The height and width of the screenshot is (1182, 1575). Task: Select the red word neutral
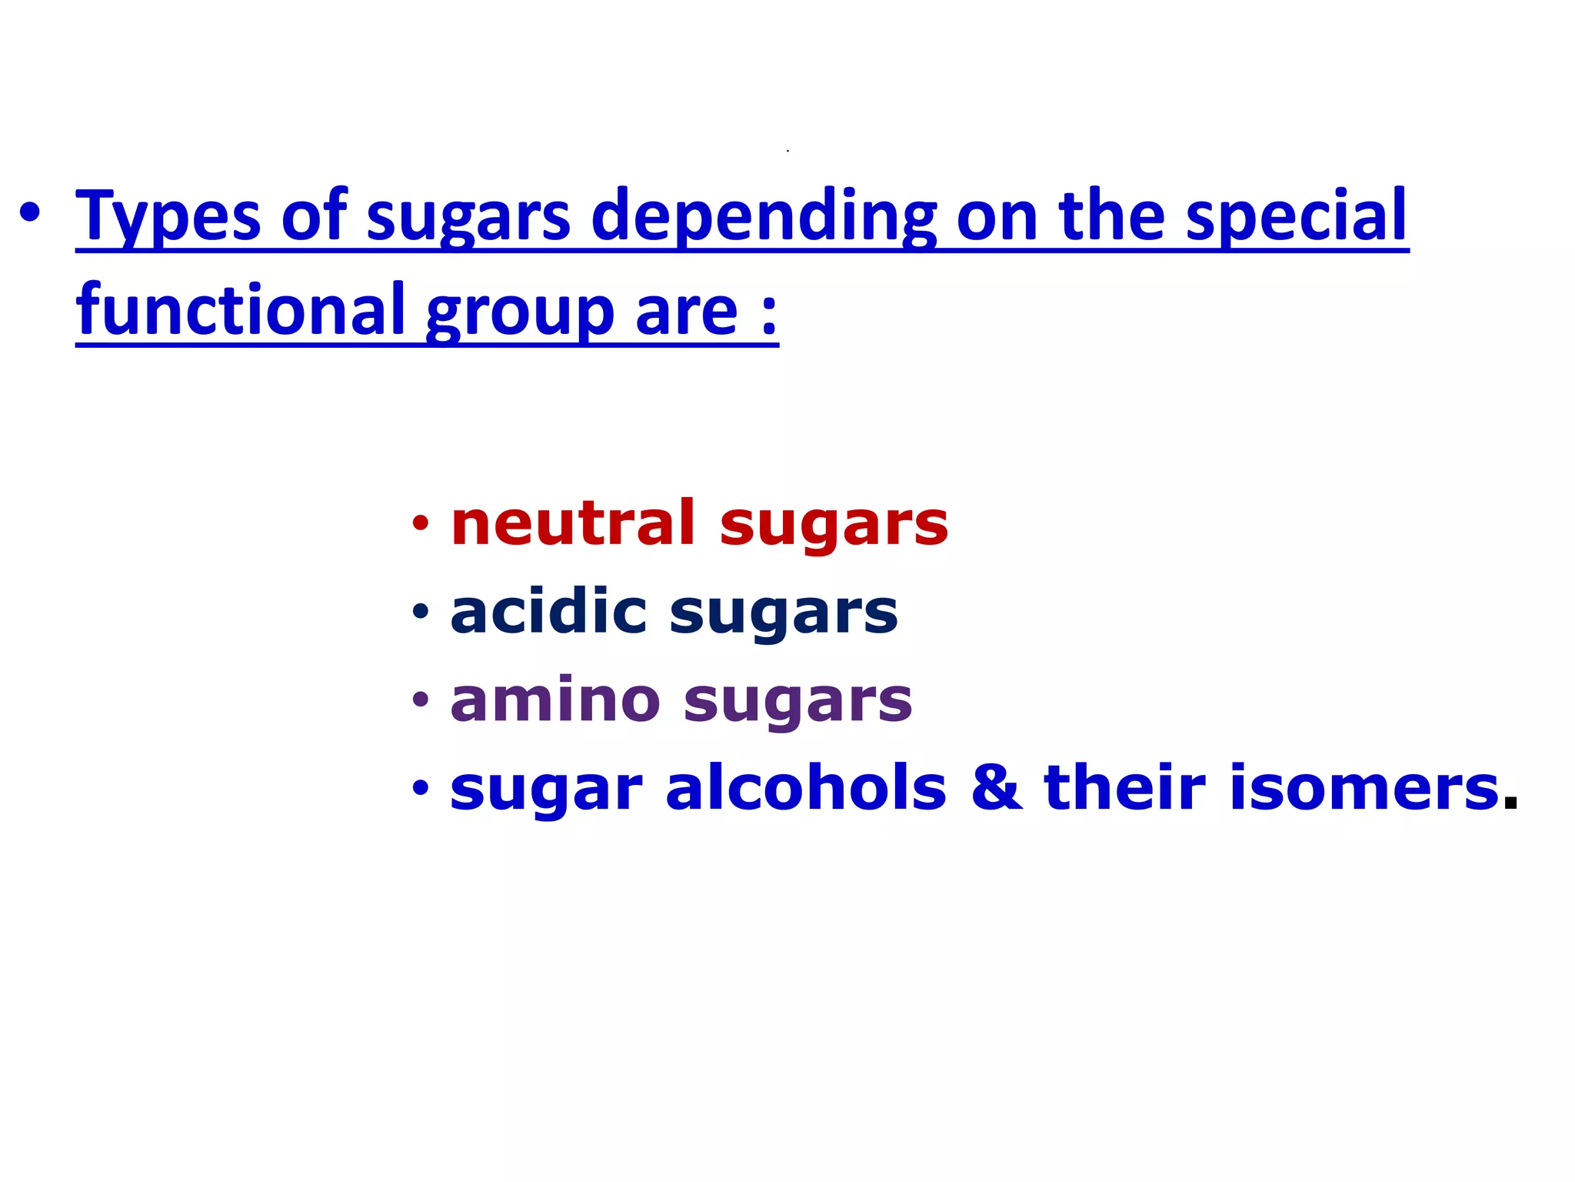point(573,524)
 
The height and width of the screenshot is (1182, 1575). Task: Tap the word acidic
point(548,613)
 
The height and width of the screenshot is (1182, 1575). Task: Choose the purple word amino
point(555,701)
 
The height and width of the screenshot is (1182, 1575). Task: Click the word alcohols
point(805,789)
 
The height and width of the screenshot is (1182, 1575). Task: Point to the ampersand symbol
point(996,789)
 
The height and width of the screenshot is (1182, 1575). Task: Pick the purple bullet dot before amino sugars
point(420,701)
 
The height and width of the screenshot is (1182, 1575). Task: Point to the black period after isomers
point(1510,803)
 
